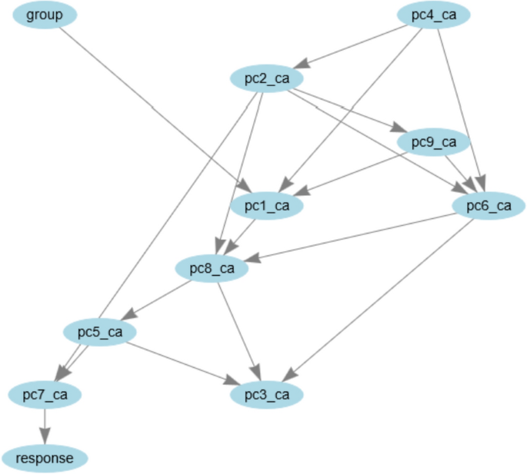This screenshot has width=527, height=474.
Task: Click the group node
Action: (45, 15)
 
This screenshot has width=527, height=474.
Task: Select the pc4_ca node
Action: (433, 15)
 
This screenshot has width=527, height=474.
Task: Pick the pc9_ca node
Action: (433, 141)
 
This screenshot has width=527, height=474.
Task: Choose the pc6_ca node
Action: (489, 205)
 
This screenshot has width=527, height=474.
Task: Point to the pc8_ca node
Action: (212, 268)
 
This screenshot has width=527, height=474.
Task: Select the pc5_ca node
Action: (100, 332)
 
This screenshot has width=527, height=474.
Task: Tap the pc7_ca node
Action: (45, 395)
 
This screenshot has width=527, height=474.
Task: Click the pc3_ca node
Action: (267, 395)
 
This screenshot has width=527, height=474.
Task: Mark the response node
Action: (45, 459)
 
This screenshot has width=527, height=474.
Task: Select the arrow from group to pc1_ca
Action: (154, 108)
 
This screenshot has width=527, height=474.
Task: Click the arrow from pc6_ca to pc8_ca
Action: (354, 237)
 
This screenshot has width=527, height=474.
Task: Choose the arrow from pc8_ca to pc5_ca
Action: (158, 300)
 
